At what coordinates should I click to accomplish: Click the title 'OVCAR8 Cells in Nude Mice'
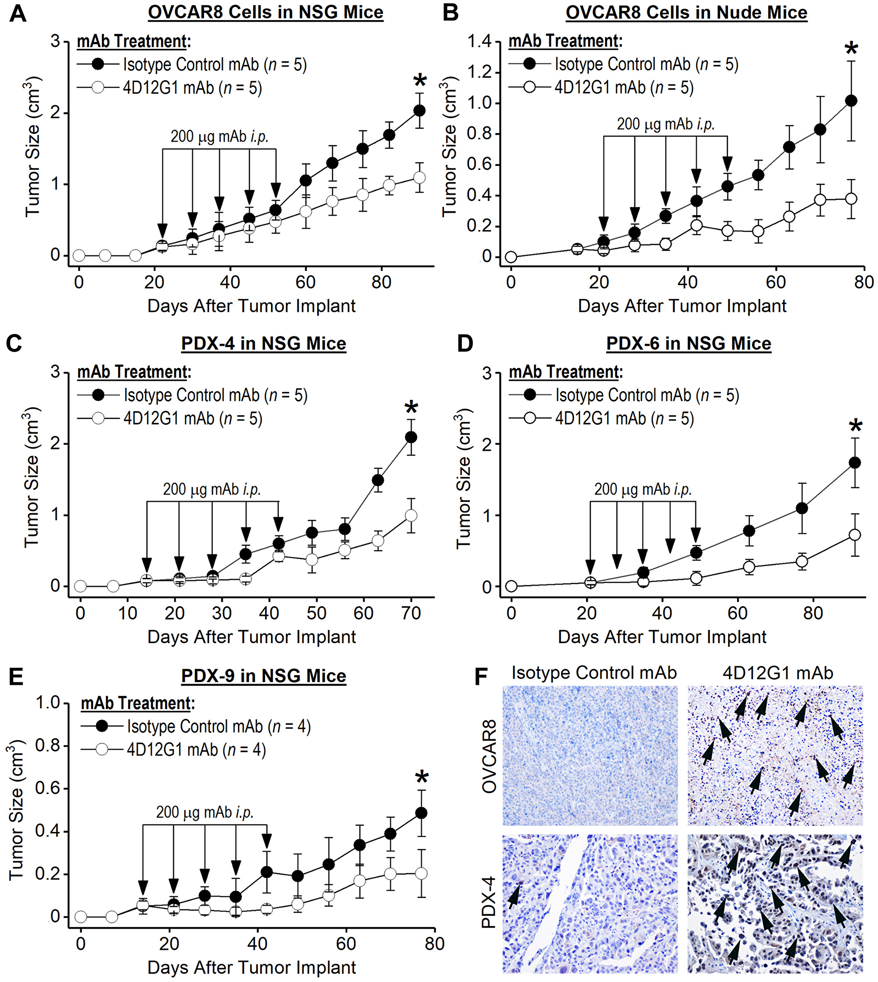tap(687, 13)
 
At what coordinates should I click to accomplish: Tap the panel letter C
tap(14, 343)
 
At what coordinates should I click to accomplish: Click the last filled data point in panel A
tap(419, 111)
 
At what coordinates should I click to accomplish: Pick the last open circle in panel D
tap(855, 535)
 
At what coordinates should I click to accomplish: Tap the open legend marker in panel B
tap(530, 87)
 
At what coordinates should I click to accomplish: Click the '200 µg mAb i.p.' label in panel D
tap(643, 490)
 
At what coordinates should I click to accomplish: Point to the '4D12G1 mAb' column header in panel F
tap(777, 673)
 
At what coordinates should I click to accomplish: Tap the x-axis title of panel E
tap(252, 968)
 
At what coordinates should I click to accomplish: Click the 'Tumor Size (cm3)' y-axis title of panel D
tap(463, 482)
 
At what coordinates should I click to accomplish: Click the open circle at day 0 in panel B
tap(511, 257)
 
